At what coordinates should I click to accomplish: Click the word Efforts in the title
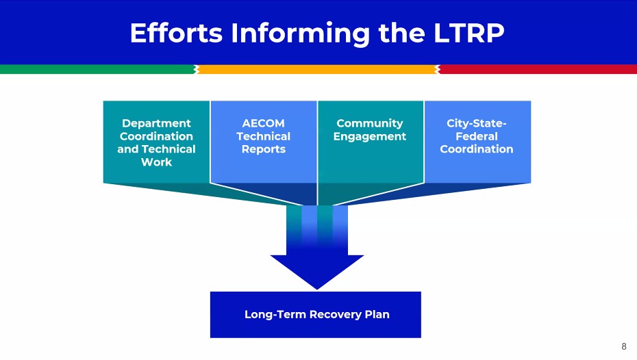point(176,33)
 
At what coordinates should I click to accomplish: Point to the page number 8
point(623,346)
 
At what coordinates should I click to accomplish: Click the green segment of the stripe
point(96,69)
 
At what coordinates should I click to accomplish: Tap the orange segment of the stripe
point(316,69)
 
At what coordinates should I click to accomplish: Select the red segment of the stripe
point(538,69)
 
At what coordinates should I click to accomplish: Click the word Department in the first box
point(156,123)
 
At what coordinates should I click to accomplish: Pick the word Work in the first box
point(156,162)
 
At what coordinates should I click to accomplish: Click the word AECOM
point(263,123)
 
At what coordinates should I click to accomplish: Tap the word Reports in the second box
point(263,149)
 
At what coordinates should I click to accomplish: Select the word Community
point(370,123)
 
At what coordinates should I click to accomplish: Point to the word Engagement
point(370,136)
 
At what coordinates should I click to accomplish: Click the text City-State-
point(477,123)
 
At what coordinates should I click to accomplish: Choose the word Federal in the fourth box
point(477,136)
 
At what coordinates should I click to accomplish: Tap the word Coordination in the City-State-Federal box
point(477,149)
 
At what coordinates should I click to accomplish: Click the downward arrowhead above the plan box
point(316,270)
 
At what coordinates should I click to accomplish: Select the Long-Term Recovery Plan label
point(316,315)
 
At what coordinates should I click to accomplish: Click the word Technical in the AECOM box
point(263,136)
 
